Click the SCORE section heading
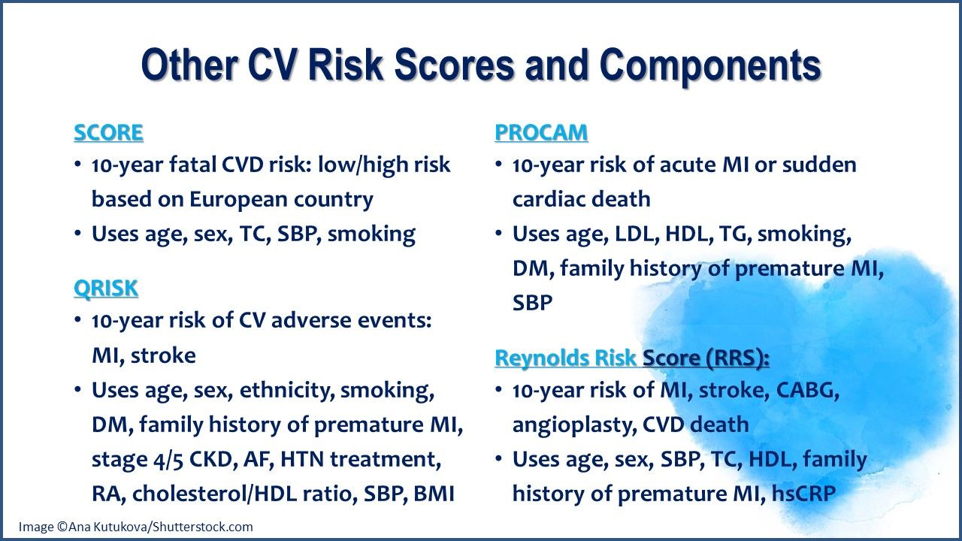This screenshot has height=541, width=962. (108, 133)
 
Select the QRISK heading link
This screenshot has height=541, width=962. (106, 289)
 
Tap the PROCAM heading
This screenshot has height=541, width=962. (541, 133)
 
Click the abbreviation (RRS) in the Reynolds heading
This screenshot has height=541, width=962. (737, 358)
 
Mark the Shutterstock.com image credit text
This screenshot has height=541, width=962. (136, 527)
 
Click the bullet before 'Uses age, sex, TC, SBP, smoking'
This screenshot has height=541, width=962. (78, 234)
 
